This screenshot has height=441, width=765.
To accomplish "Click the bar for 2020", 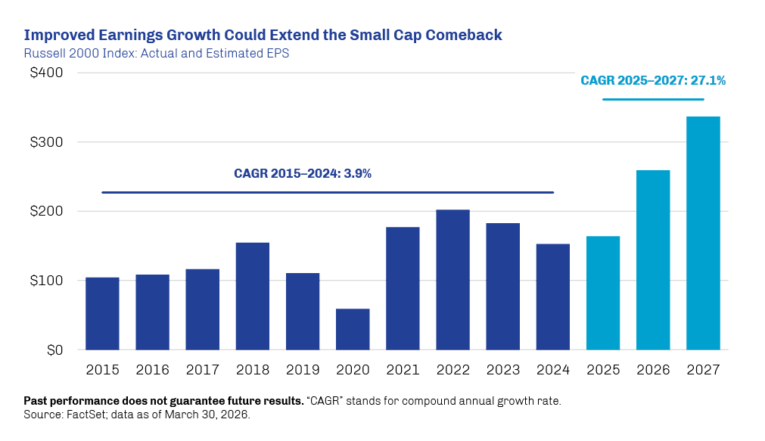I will [x=353, y=329].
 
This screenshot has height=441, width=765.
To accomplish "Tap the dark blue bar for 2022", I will [x=452, y=280].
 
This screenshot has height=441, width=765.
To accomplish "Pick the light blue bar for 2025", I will [x=603, y=293].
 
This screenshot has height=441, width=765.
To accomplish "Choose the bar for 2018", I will [x=253, y=297].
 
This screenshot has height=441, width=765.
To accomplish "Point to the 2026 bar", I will [x=653, y=260].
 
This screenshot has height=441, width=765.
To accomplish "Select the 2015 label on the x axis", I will [x=102, y=371].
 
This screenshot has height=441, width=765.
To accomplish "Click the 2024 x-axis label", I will [x=552, y=371].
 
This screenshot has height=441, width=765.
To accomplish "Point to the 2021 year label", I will [x=403, y=371].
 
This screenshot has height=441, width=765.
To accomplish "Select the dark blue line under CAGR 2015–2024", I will [x=328, y=192].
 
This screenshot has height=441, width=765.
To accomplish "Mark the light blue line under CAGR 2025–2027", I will [x=653, y=100].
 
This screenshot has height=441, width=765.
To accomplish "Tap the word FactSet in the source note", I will [x=80, y=415].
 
